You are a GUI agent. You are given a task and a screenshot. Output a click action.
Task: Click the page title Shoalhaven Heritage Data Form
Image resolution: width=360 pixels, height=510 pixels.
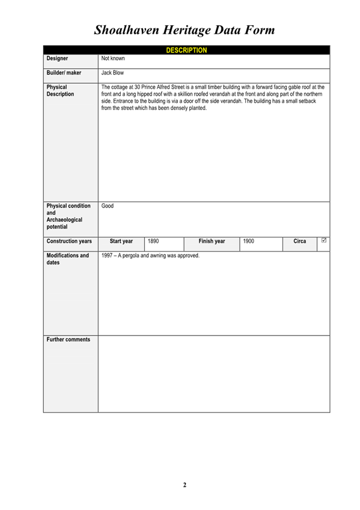185,29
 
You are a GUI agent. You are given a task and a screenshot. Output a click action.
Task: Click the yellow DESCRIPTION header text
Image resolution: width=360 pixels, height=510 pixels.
186,51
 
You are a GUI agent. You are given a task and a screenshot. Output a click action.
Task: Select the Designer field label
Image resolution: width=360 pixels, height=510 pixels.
57,59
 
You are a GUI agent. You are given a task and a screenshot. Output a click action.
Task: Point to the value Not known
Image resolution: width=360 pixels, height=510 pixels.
113,59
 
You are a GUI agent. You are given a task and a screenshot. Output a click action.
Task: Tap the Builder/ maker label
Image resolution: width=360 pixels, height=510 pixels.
64,73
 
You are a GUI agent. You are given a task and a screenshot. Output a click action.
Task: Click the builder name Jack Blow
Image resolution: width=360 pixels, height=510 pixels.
112,73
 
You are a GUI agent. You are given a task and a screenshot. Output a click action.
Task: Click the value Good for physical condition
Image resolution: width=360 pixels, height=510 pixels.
108,206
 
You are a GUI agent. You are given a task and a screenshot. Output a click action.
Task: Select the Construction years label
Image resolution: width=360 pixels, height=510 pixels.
69,241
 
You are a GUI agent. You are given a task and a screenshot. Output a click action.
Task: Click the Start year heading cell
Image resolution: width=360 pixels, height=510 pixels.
121,241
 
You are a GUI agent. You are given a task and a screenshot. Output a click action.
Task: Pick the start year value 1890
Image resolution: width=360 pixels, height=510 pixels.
153,241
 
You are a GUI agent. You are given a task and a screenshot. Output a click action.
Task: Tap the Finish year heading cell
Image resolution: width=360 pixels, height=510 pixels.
212,241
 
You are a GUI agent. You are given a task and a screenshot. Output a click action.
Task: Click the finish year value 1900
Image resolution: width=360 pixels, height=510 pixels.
248,241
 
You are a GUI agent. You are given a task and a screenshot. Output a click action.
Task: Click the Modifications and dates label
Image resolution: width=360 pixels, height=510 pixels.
67,259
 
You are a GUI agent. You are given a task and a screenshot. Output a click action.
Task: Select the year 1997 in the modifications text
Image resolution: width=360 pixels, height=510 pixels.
108,256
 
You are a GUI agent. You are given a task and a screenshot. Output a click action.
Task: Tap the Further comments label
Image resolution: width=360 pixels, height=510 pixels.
69,340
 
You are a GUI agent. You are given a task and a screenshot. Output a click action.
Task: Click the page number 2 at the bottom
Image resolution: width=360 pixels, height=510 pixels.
185,485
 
